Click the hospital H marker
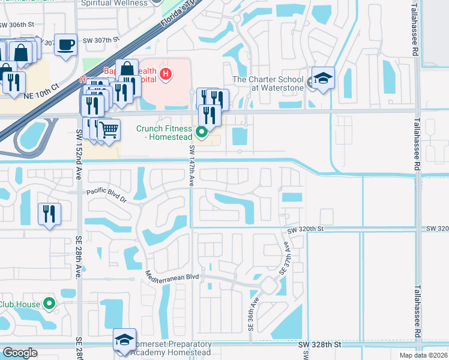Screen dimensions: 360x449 166,75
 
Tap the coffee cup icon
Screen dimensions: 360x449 65,44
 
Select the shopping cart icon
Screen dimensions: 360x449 109,129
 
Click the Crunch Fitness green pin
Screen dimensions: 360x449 202,132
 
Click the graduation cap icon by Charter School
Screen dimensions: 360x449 323,78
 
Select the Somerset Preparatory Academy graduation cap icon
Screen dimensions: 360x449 125,340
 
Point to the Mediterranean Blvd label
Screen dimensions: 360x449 172,277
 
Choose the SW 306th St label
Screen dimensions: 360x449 17,26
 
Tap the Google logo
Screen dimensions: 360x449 20,352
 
